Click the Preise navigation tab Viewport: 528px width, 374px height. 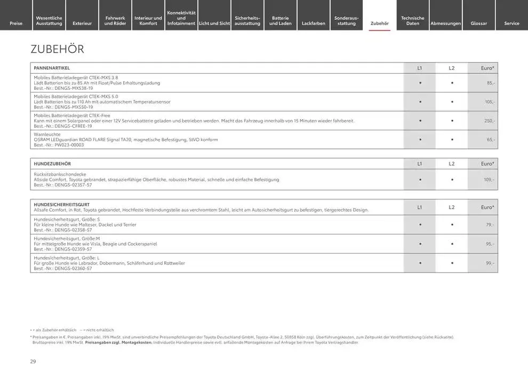pos(16,24)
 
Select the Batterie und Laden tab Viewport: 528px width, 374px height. pos(281,21)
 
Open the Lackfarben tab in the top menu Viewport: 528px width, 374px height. pos(314,24)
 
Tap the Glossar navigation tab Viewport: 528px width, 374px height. pos(478,24)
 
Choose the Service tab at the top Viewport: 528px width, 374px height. pos(511,24)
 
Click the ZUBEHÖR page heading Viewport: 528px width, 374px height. pos(58,50)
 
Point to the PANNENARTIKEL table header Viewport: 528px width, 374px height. pos(52,68)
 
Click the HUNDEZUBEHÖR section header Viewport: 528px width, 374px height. pos(52,163)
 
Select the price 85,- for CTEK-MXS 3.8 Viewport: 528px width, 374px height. pos(490,83)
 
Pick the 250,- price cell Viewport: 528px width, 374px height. pos(489,121)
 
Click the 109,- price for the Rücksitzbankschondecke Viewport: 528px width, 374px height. pos(489,180)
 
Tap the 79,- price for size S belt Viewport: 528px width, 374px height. pos(490,225)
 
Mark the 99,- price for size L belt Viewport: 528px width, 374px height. pos(490,263)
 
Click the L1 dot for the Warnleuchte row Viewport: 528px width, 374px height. pos(420,139)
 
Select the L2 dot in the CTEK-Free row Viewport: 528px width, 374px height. pos(452,121)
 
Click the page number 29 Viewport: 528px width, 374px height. pos(33,362)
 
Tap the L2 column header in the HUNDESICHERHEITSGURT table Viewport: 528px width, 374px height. pos(452,207)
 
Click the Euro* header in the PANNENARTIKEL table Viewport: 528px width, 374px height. pos(487,68)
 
